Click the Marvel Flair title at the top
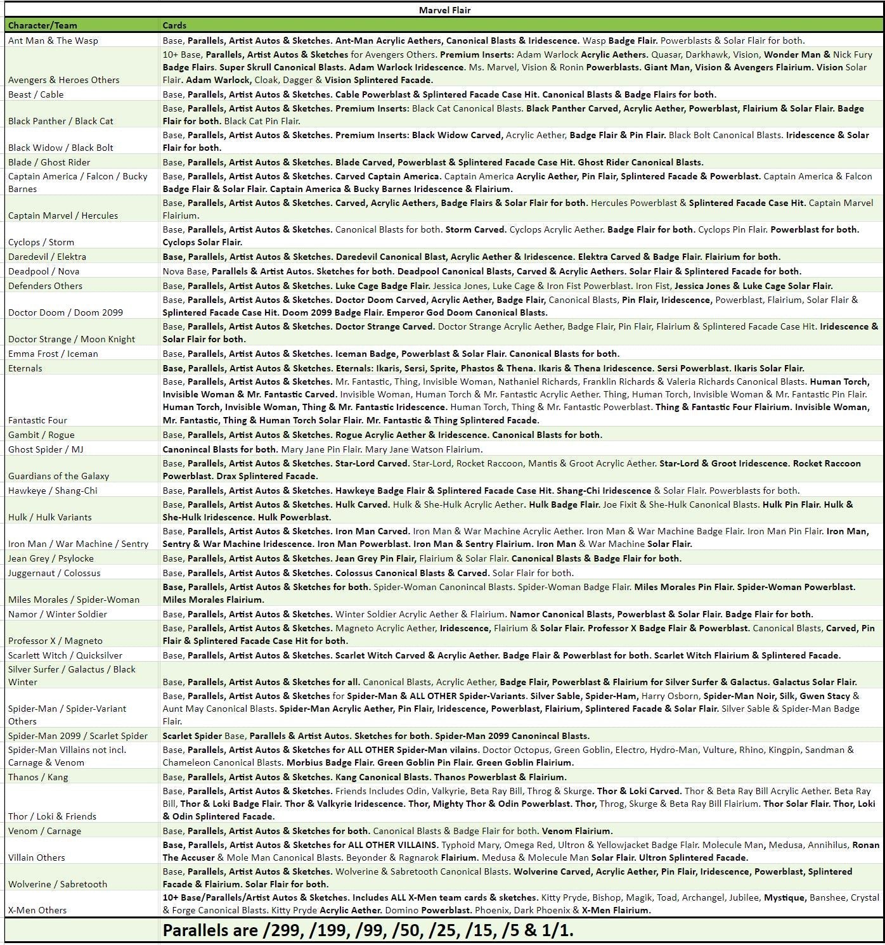coord(444,10)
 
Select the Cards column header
coord(174,25)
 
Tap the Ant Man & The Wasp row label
coord(53,41)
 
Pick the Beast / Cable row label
coord(36,94)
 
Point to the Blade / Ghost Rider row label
coord(49,162)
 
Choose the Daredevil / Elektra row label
coord(47,257)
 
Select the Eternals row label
coord(25,368)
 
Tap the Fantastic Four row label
coord(37,420)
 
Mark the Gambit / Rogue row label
coord(41,435)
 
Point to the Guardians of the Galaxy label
coord(58,476)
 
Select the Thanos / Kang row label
coord(38,777)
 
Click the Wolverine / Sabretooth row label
coord(58,884)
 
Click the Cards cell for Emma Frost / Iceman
coord(391,354)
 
